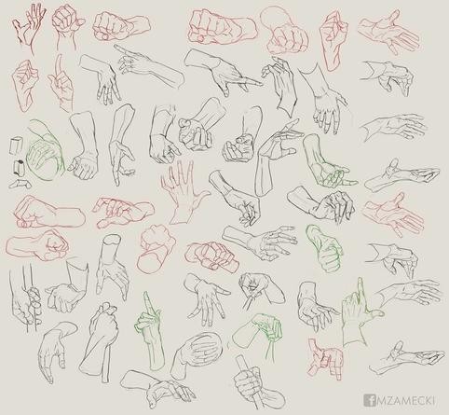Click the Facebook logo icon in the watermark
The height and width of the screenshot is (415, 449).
369,400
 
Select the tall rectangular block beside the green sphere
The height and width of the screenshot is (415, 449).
16,145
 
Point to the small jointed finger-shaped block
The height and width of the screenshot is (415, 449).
20,184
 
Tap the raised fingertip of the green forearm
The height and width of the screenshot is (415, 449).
146,294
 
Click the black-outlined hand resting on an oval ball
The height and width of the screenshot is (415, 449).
198,353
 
